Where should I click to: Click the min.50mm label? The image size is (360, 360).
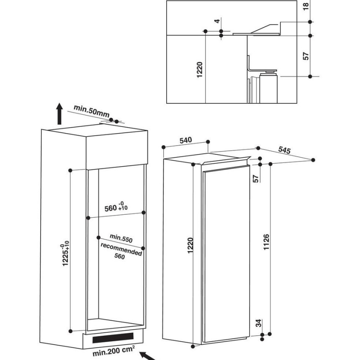coord(91,111)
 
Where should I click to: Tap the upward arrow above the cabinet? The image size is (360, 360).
coord(59,113)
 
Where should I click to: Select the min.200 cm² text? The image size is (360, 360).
coord(113,351)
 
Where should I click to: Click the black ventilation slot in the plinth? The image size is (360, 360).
coord(113,337)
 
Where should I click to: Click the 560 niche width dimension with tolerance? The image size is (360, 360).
coord(116,206)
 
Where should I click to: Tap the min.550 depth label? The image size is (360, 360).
coord(121,238)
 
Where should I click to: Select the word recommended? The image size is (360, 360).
coord(121,249)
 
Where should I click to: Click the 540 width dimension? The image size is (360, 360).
coord(185,140)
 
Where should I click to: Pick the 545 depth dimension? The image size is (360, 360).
coord(285,150)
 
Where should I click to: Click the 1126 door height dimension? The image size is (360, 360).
coord(266,242)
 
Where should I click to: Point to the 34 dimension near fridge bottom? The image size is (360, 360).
coord(259,323)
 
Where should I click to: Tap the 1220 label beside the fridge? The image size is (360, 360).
coord(190,245)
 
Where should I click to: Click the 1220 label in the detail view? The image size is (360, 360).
coord(200,69)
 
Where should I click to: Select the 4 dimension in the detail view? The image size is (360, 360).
coord(217,21)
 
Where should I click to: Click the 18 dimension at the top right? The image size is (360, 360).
coord(306,6)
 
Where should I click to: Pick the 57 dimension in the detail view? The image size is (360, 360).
coord(306,56)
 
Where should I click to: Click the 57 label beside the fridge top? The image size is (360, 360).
coord(255,179)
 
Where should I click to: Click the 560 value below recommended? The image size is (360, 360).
coord(120,256)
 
